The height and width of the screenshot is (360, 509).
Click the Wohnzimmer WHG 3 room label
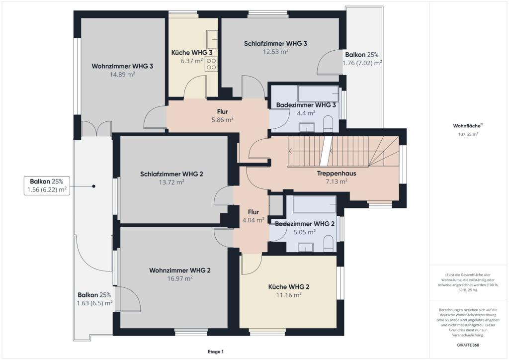pyautogui.click(x=122, y=66)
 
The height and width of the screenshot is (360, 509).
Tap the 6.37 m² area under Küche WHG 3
pyautogui.click(x=192, y=61)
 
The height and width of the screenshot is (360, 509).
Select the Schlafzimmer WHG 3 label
pyautogui.click(x=275, y=43)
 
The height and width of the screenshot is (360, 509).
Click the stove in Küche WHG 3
pyautogui.click(x=211, y=64)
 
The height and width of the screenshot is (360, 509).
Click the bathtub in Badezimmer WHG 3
pyautogui.click(x=318, y=94)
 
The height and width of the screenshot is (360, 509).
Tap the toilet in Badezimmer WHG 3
pyautogui.click(x=329, y=125)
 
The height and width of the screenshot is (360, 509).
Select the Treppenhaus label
pyautogui.click(x=337, y=174)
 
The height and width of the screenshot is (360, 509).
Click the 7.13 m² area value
pyautogui.click(x=337, y=181)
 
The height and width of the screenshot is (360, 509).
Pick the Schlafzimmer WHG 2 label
pyautogui.click(x=171, y=174)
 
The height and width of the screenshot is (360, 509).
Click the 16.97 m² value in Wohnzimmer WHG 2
pyautogui.click(x=180, y=278)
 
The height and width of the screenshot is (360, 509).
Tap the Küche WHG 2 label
pyautogui.click(x=289, y=287)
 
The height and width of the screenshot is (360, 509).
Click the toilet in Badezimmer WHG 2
pyautogui.click(x=329, y=244)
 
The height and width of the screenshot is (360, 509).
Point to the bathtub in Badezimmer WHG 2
pyautogui.click(x=315, y=204)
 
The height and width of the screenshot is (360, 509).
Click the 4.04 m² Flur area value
pyautogui.click(x=254, y=220)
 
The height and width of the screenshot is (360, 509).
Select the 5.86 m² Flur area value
pyautogui.click(x=223, y=120)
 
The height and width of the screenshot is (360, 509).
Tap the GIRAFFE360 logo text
pyautogui.click(x=468, y=345)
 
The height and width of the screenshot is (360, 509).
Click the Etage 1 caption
pyautogui.click(x=216, y=352)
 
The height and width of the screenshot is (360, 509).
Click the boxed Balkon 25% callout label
pyautogui.click(x=47, y=185)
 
